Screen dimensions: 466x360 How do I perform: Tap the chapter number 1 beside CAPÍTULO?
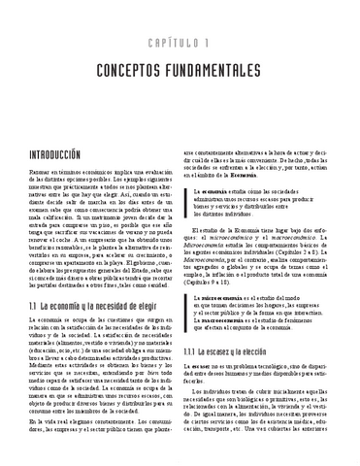tap(211, 45)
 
